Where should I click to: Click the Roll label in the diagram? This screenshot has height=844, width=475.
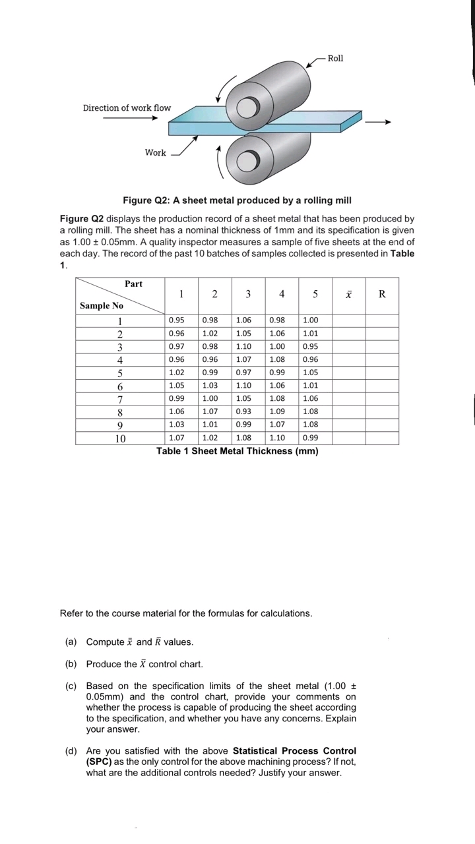pos(335,59)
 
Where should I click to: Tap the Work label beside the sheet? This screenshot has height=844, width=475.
pos(156,152)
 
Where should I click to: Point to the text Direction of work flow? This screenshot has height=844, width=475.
pos(127,107)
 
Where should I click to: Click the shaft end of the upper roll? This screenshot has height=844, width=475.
pos(246,107)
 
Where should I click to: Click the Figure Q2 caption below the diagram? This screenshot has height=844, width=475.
pos(237,200)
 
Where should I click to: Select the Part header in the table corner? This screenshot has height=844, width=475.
pos(133,284)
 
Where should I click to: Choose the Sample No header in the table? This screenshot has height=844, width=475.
pos(102,306)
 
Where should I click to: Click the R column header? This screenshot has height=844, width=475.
pos(382,294)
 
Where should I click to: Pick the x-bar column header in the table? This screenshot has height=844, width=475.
pos(348,294)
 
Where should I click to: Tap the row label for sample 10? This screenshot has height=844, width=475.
pos(120,438)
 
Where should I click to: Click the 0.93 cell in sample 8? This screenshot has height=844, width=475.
pos(243,411)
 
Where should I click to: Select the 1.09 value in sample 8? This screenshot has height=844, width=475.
pos(277,411)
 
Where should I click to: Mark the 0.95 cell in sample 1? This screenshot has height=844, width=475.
pos(176,320)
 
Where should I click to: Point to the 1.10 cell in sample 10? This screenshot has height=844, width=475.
pos(277,438)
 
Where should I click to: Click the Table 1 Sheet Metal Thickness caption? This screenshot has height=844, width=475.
pos(237,451)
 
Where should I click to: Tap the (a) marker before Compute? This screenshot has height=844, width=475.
pos(71,642)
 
